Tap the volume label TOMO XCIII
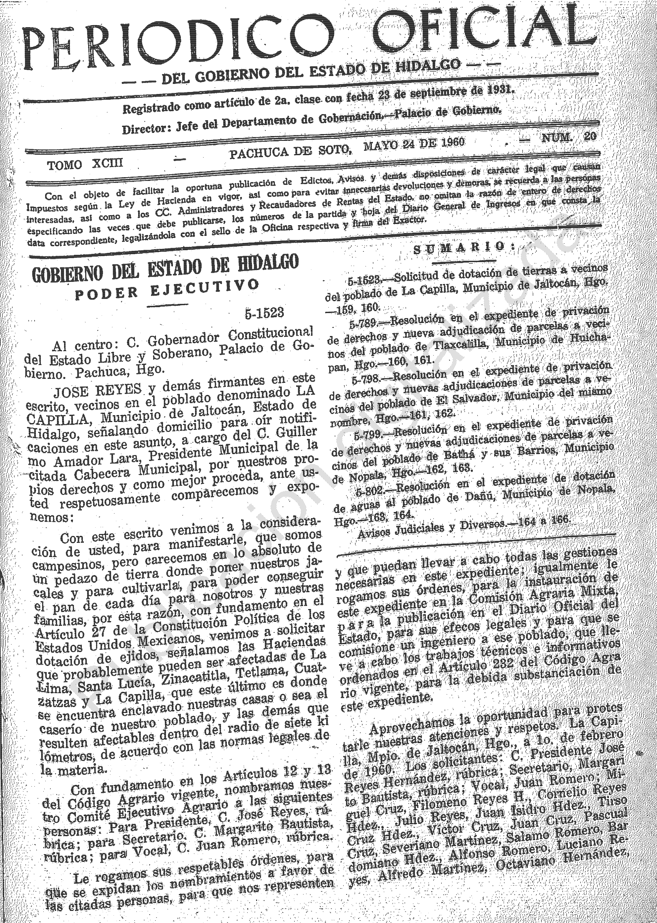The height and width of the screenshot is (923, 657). click(85, 164)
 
